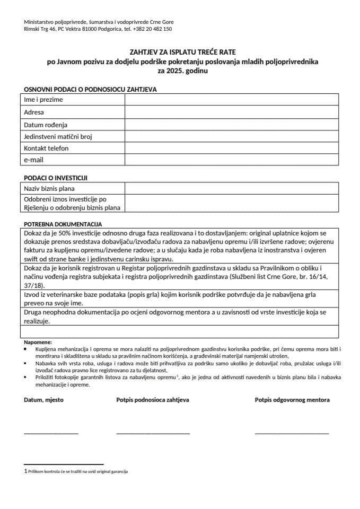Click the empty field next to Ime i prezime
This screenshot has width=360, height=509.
232,100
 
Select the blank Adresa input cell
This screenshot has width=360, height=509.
232,112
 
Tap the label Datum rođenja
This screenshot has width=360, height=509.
46,125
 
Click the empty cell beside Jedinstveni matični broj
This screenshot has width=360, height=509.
232,136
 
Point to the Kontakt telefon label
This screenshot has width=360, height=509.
46,148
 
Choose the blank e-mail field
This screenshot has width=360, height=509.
232,160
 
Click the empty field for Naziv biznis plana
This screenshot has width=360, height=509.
232,189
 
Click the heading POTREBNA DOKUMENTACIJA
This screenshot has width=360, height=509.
63,224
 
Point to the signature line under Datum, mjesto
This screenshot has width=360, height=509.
51,433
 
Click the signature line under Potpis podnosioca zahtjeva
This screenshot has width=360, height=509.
153,433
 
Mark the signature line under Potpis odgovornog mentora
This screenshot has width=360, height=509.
292,433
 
